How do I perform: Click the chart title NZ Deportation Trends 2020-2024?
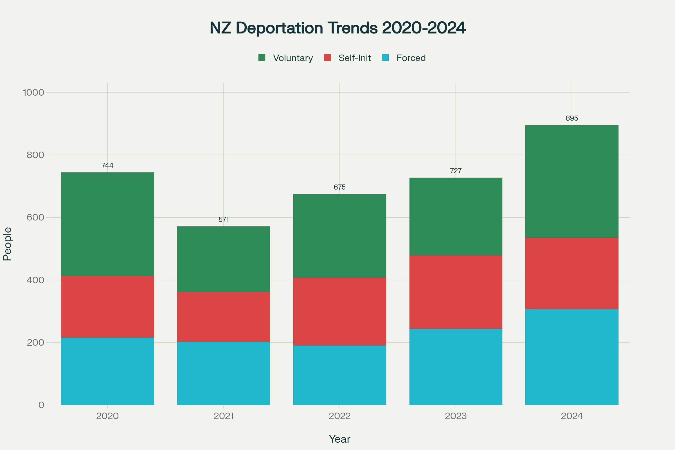[x=337, y=28]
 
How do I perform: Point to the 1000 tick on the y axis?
[x=33, y=93]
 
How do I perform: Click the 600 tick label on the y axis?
[x=35, y=217]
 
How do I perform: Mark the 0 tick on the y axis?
[x=41, y=405]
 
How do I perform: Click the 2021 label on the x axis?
[x=224, y=416]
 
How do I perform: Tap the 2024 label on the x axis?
[x=572, y=416]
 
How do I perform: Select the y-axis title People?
[x=8, y=244]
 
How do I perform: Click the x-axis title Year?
[x=339, y=439]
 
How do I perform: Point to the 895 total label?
[x=572, y=118]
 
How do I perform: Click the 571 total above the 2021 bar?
[x=224, y=220]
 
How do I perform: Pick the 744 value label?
[x=107, y=166]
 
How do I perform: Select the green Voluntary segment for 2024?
[x=572, y=181]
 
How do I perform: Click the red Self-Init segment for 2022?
[x=339, y=311]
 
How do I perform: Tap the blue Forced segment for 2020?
[x=107, y=371]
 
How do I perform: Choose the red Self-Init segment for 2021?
[x=224, y=317]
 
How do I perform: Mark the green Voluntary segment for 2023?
[x=456, y=217]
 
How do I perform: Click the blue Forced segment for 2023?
[x=456, y=367]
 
